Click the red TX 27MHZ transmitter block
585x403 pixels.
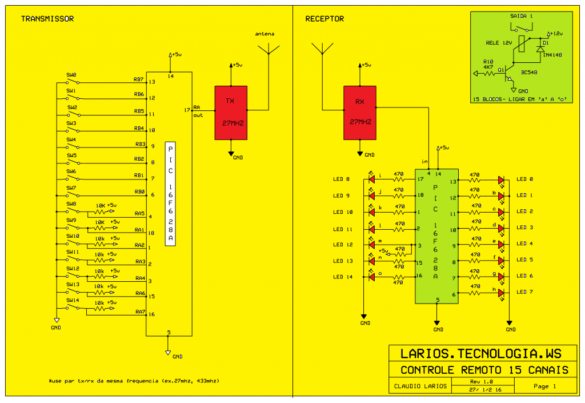pos(231,113)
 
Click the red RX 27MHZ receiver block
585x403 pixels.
pos(360,113)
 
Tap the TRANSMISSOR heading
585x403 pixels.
pos(47,19)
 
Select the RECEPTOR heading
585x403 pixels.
pos(324,19)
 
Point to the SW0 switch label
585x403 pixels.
pos(71,75)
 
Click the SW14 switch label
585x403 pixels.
pos(73,300)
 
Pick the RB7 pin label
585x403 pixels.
pos(138,79)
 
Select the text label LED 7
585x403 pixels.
pos(524,292)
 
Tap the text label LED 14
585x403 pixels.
pos(343,277)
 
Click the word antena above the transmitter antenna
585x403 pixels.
pos(265,34)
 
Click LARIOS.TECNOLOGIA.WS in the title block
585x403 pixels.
pos(481,354)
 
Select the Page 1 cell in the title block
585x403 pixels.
pos(544,386)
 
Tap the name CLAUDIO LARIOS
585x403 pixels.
pos(416,386)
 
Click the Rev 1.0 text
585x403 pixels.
pos(481,381)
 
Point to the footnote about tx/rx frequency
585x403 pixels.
pos(135,381)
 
